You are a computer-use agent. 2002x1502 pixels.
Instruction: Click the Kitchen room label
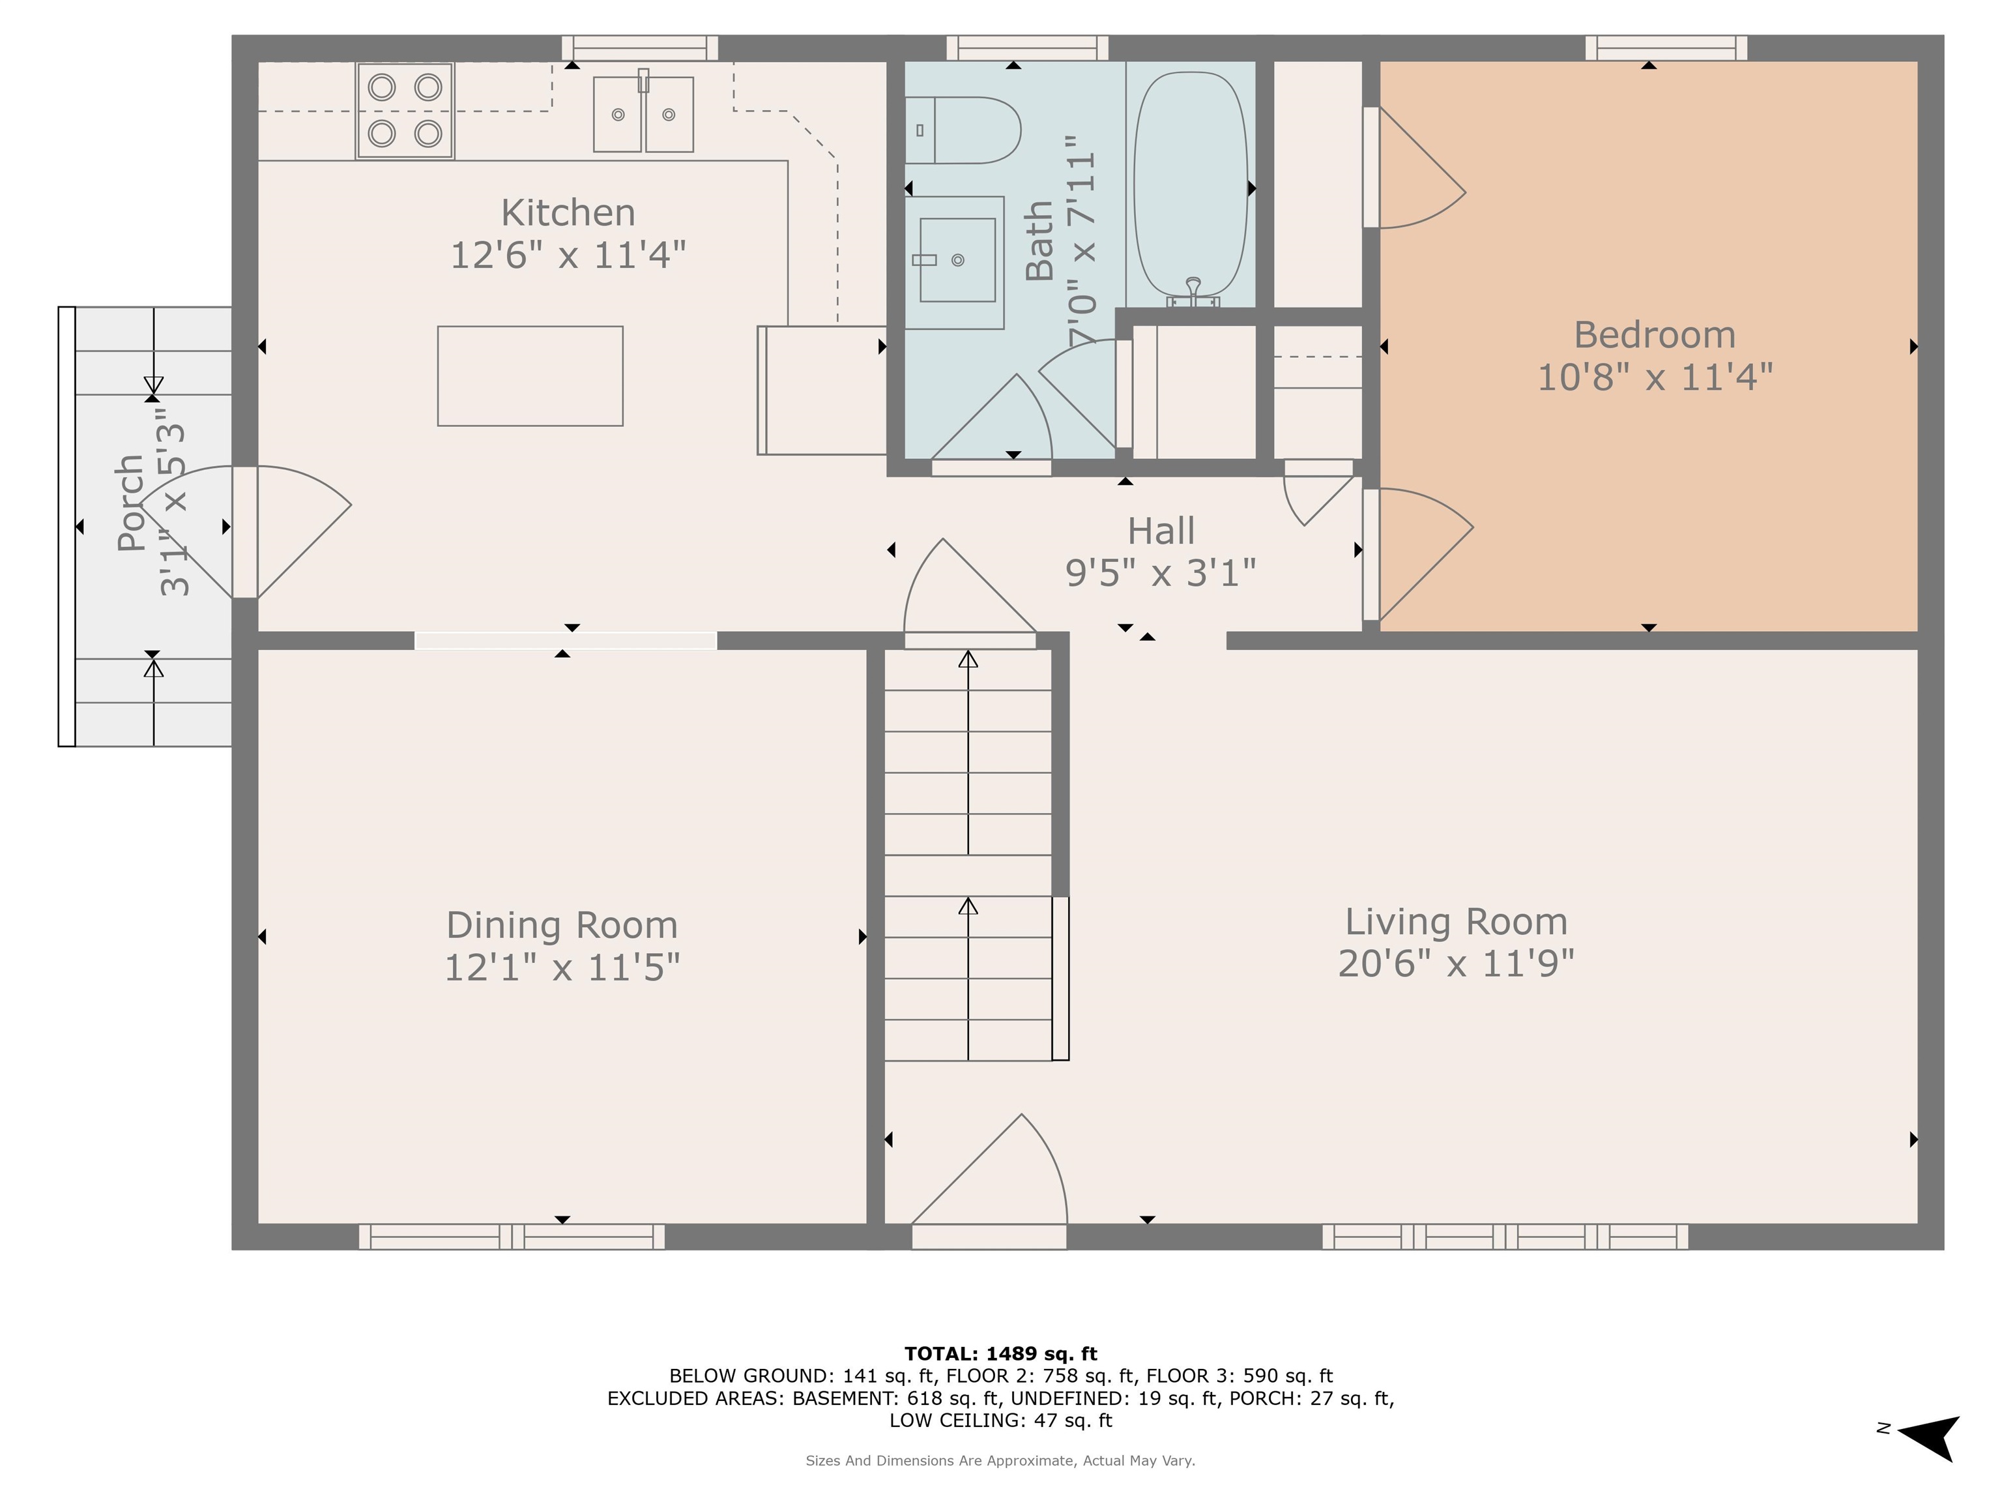pos(568,213)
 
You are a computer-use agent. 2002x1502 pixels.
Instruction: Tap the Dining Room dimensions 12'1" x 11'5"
pos(562,967)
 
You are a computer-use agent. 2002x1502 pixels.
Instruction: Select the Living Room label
pos(1455,922)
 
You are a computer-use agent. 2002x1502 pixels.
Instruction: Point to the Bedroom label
pos(1655,335)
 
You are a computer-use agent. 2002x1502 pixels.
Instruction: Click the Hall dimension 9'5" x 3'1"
pos(1160,572)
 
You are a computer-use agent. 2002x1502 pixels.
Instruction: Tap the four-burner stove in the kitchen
pos(405,110)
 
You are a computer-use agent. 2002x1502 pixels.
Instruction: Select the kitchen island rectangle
pos(530,375)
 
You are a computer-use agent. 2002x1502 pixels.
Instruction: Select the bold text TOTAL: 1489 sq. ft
pos(1000,1353)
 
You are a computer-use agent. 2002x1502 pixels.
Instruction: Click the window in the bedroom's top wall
pos(1666,48)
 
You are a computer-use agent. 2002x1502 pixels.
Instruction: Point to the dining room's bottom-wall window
pos(512,1237)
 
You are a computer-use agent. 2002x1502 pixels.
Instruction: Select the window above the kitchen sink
pos(640,48)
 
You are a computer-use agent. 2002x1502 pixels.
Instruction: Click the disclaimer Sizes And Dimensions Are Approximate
pos(1000,1460)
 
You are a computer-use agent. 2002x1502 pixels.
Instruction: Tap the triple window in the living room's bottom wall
pos(1505,1237)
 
